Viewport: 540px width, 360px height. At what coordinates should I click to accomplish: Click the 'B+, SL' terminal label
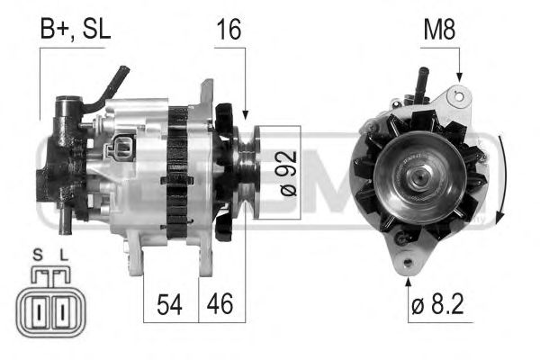[x=75, y=29]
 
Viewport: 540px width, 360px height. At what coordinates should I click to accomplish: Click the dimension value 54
[x=168, y=305]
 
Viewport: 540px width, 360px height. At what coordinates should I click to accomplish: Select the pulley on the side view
[x=243, y=167]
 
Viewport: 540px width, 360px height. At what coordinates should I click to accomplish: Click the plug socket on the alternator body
[x=122, y=148]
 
